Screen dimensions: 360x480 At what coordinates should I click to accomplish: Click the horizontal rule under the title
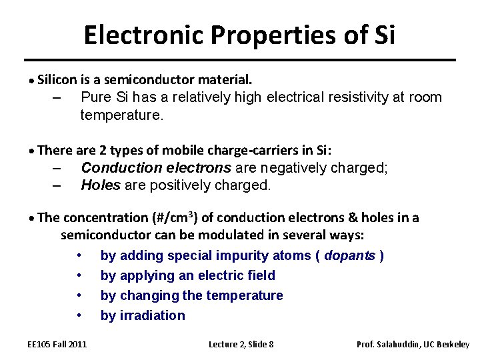(x=239, y=60)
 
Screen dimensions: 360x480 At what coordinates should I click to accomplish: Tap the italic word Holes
(x=100, y=185)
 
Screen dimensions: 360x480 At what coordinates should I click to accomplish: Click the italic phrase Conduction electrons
(x=156, y=167)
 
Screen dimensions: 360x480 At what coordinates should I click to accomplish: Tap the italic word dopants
(x=349, y=255)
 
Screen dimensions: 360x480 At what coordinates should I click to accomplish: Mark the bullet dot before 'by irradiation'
(x=79, y=315)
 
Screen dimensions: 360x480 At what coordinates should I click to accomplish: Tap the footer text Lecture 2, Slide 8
(x=241, y=345)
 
